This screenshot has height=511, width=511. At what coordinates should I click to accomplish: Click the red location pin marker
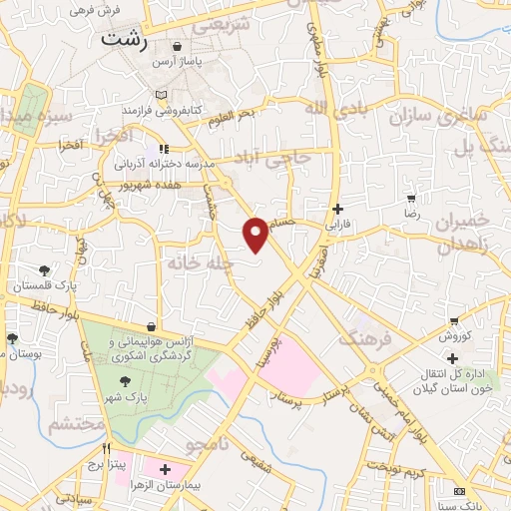click(x=256, y=234)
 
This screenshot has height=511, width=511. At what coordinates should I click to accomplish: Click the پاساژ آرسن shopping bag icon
click(x=177, y=46)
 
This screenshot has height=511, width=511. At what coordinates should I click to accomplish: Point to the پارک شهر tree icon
click(x=125, y=381)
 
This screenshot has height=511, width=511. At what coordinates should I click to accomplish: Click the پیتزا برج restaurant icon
click(x=105, y=448)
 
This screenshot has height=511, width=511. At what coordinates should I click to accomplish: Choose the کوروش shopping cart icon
click(x=454, y=321)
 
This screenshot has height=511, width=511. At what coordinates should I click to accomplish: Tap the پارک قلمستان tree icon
click(x=44, y=270)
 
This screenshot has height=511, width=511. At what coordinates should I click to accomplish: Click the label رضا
click(x=411, y=214)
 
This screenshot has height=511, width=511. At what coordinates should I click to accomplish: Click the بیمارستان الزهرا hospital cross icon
click(x=165, y=469)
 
